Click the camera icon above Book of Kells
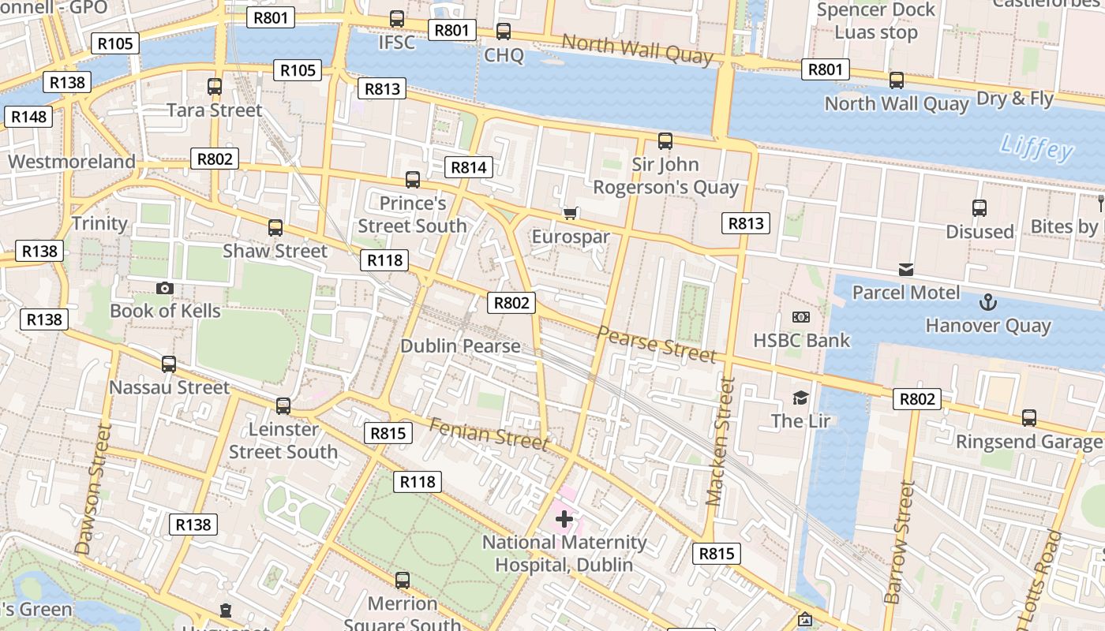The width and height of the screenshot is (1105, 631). point(164,288)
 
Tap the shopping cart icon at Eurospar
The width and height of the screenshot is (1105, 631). point(571,214)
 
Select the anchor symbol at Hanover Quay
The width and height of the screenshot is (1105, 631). point(987,302)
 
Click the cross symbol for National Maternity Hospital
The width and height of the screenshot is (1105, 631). point(564,519)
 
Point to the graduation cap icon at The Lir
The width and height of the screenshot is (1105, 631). point(800,398)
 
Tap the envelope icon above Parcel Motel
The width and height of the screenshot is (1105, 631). point(905,270)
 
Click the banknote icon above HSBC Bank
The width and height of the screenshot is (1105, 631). point(800,317)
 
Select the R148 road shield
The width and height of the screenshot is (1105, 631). point(29,117)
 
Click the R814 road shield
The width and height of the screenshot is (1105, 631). point(469,167)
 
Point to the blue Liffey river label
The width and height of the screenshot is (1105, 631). point(1036,148)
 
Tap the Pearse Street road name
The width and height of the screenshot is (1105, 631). point(656,344)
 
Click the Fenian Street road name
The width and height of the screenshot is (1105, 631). point(488,434)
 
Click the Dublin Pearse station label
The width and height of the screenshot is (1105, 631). point(460,345)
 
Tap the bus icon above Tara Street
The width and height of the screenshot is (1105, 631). point(214,87)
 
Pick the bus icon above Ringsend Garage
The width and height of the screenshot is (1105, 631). point(1028,418)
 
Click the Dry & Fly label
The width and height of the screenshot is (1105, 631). point(1015,99)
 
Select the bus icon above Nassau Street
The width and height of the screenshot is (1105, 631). point(168,364)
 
